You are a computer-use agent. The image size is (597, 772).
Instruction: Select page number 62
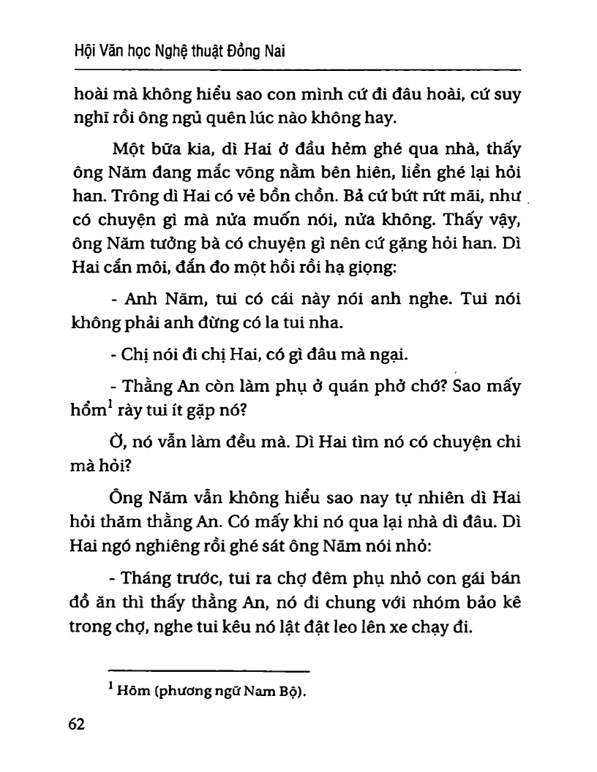click(76, 724)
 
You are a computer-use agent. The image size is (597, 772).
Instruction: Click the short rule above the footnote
click(209, 671)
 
